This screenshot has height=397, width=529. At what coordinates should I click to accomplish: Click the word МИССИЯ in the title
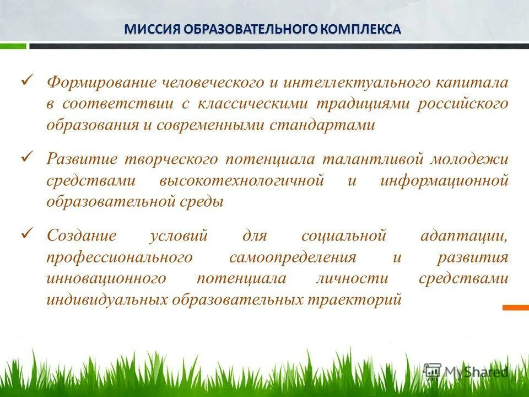149,29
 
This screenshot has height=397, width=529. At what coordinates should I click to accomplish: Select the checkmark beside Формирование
28,81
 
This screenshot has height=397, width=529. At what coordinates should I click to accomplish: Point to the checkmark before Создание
28,234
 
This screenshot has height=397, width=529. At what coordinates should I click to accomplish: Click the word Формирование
101,83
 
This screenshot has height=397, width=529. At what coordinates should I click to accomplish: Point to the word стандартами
322,125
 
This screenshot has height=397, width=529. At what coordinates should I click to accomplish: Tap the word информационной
444,181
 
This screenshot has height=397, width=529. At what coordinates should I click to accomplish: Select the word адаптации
463,236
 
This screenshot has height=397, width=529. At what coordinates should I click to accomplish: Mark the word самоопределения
292,257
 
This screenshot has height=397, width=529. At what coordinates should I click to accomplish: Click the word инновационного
106,278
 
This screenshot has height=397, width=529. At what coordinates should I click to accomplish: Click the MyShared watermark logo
466,371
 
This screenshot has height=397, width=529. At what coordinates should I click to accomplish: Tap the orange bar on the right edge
515,308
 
